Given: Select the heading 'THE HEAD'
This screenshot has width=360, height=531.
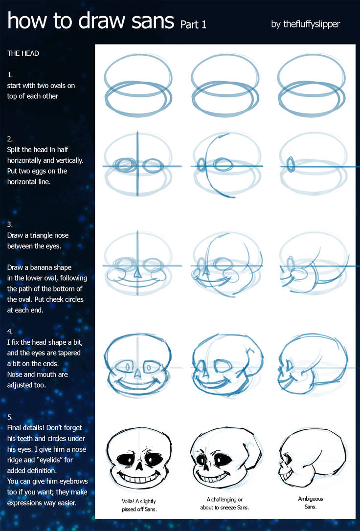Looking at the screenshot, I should tap(23, 53).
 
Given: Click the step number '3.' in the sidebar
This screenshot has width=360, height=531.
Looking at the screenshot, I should tap(10, 224).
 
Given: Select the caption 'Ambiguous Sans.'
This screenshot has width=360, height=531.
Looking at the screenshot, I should tap(310, 503).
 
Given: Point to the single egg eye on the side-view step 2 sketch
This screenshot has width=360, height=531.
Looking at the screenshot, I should tap(291, 164).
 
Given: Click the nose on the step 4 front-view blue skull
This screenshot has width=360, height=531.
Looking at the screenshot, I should tap(138, 372).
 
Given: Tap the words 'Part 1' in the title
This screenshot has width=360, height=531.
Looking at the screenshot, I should tap(193, 24).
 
